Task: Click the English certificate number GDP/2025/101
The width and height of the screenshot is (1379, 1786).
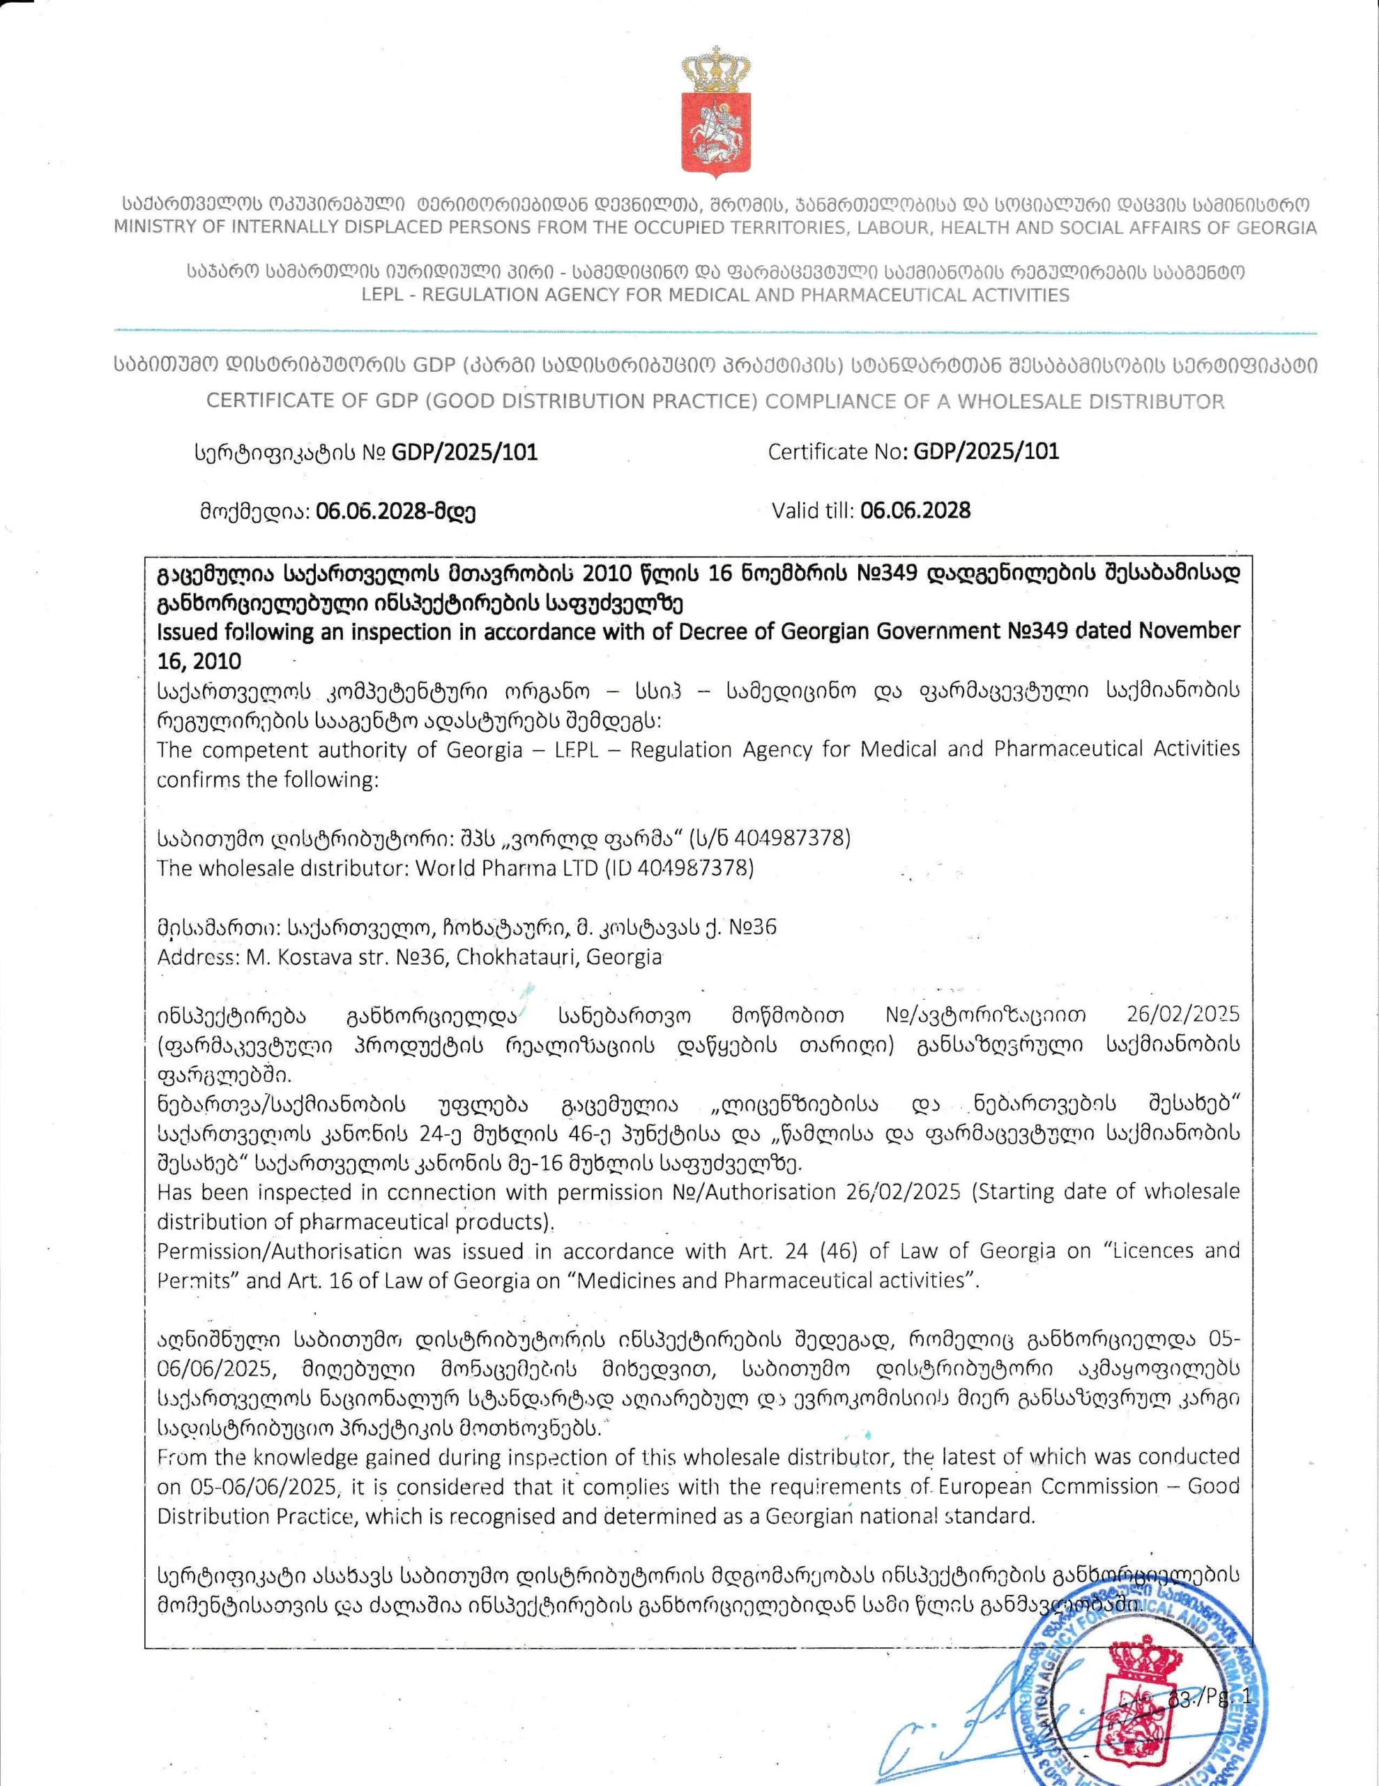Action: pyautogui.click(x=986, y=451)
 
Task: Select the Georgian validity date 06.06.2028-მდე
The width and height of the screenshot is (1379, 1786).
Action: pyautogui.click(x=395, y=512)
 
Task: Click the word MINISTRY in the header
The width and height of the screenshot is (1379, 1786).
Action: pyautogui.click(x=153, y=227)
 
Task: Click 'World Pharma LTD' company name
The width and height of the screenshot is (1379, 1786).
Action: pyautogui.click(x=507, y=868)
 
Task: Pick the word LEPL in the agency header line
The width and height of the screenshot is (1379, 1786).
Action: pyautogui.click(x=383, y=295)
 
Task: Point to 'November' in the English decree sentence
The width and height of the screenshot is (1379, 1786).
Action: pyautogui.click(x=1189, y=631)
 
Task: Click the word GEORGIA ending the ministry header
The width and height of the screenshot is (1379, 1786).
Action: pyautogui.click(x=1277, y=227)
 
